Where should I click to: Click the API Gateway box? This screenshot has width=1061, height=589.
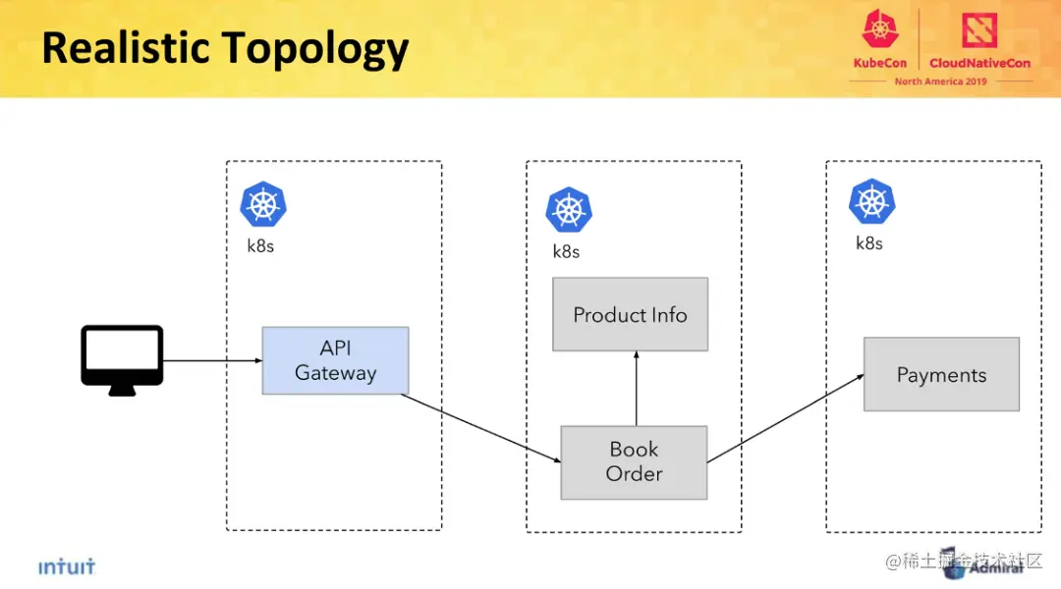click(335, 360)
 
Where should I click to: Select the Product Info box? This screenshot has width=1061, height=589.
click(630, 314)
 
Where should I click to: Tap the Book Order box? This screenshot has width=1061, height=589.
click(634, 461)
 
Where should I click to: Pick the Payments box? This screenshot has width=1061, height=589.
click(941, 374)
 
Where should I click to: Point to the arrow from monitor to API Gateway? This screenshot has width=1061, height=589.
click(211, 361)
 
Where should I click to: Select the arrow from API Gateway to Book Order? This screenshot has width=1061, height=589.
click(481, 427)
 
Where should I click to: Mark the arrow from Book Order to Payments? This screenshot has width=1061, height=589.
click(786, 417)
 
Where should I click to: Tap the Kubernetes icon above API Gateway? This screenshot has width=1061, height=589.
click(263, 204)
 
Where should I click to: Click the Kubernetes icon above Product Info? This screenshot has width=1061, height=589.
click(569, 210)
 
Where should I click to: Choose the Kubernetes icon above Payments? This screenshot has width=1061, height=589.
click(871, 201)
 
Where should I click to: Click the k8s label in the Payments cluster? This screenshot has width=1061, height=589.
click(869, 243)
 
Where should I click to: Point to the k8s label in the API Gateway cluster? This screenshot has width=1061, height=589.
click(260, 246)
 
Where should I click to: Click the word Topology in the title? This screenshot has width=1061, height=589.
click(314, 49)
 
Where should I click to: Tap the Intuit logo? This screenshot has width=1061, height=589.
click(67, 567)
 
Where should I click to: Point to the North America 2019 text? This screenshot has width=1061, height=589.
click(940, 81)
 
